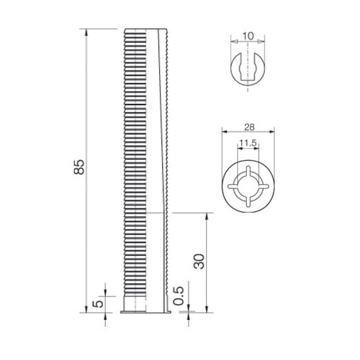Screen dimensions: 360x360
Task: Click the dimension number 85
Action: coord(79,167)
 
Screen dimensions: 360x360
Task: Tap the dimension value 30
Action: coord(199,261)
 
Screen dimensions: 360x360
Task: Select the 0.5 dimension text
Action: coord(179,296)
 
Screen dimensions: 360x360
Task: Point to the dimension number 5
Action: coord(98,304)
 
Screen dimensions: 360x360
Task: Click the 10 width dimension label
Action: coord(248,36)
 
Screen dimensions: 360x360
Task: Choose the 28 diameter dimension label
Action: coord(249,127)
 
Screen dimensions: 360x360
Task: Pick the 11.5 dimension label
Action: coord(248,143)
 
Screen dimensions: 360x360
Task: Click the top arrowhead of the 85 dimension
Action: coord(86,32)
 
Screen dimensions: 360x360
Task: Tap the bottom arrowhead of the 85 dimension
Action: coord(86,309)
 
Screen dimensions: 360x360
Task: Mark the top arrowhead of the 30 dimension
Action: coord(207,216)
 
